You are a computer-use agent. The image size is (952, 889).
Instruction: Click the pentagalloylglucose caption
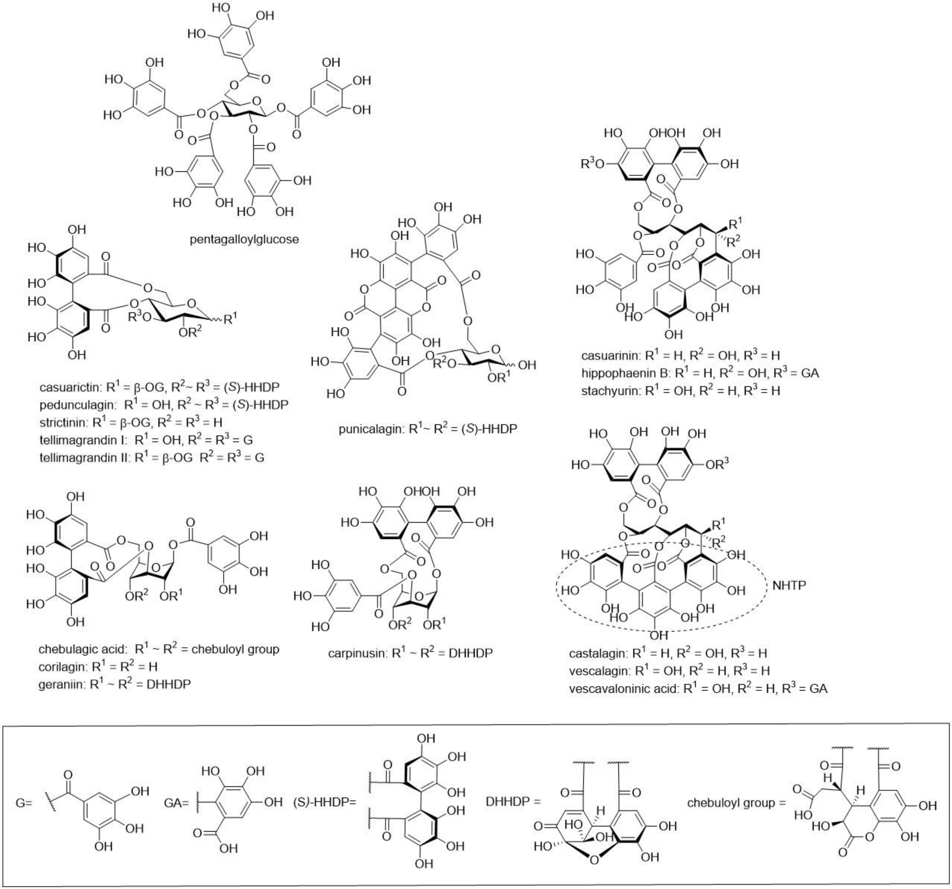(244, 239)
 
